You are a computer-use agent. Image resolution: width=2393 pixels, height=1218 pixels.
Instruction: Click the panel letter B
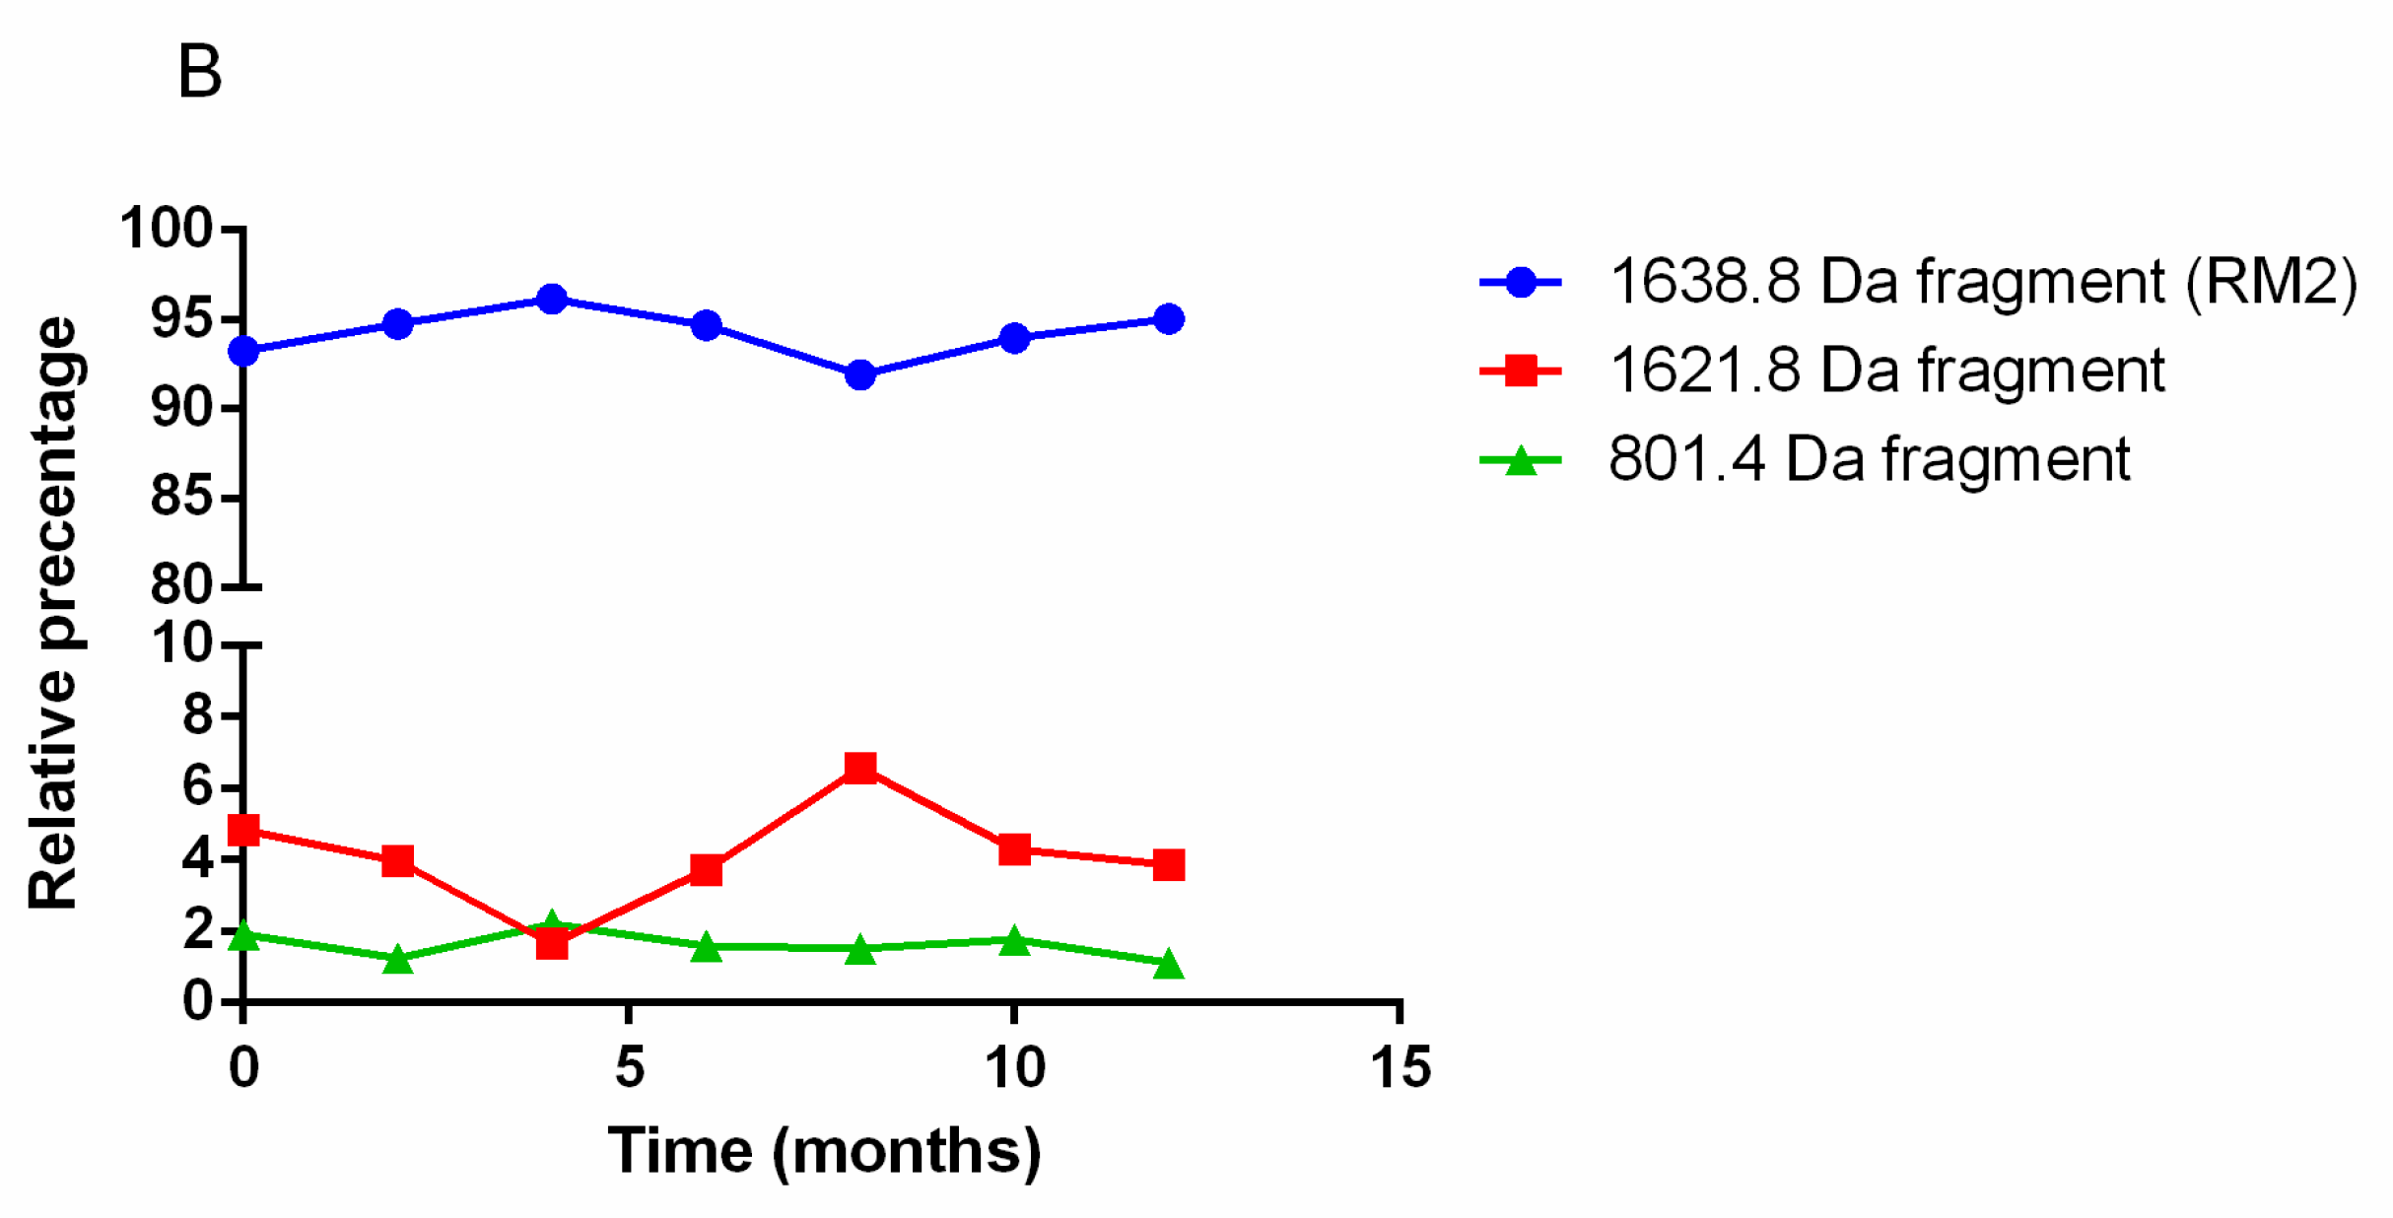click(x=200, y=73)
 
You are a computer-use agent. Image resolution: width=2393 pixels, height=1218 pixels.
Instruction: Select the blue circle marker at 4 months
click(x=552, y=299)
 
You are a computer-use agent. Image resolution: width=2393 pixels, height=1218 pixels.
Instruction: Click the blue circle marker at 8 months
click(x=860, y=374)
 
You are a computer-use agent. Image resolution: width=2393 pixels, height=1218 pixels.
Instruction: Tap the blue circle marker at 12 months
click(x=1169, y=318)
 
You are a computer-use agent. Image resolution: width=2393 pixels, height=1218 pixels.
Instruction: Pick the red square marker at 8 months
click(x=860, y=768)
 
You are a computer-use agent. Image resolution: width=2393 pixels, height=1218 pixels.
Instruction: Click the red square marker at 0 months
click(x=243, y=830)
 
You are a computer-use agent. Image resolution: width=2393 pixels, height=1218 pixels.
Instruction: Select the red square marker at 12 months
click(x=1169, y=865)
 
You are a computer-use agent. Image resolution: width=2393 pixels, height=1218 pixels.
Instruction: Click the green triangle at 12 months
click(x=1169, y=964)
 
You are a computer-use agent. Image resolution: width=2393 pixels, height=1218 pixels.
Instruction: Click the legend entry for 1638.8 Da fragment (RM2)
click(x=1982, y=282)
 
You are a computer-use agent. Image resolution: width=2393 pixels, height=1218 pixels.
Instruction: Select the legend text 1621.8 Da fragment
click(x=1885, y=371)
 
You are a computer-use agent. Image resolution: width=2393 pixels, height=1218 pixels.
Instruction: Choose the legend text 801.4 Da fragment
click(x=1869, y=459)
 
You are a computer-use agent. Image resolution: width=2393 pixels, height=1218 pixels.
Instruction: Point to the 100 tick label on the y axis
click(x=166, y=229)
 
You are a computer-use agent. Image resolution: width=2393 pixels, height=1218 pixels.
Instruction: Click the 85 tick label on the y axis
click(x=181, y=497)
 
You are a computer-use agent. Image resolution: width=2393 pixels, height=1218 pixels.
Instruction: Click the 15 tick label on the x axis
click(x=1400, y=1068)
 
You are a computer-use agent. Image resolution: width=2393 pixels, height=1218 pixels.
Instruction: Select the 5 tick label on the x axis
click(x=629, y=1068)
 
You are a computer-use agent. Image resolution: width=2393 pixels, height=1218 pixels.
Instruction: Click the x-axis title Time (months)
click(x=824, y=1151)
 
